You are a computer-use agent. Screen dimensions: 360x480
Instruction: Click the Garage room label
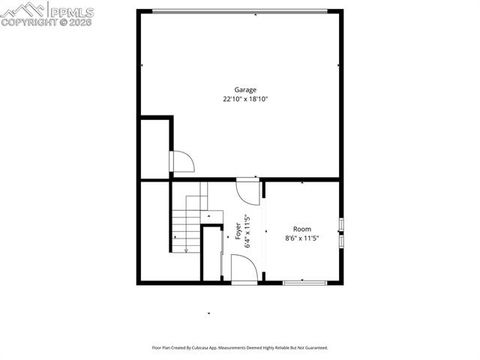246,90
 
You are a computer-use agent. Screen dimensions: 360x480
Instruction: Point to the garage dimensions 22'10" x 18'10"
246,99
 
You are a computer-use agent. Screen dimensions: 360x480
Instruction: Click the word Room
301,229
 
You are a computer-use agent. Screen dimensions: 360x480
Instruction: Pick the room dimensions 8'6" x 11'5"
301,238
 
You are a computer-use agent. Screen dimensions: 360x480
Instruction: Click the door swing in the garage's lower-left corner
183,162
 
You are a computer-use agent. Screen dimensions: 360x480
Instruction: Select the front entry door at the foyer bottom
242,268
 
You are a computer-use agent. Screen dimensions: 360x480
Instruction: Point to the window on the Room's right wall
342,232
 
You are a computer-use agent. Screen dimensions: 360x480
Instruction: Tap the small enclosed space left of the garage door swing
155,148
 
